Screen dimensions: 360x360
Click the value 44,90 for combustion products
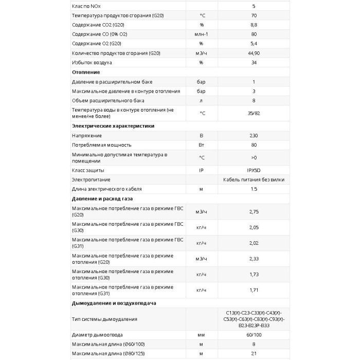[254, 53]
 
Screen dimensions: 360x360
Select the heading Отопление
[86, 72]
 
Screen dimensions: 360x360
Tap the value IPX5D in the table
[254, 170]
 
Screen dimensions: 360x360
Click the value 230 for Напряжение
[254, 135]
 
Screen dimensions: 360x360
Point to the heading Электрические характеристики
[113, 125]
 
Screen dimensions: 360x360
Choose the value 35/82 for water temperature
[254, 113]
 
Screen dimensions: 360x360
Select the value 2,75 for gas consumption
[254, 211]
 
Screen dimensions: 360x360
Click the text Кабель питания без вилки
[254, 179]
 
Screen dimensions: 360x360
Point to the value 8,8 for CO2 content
[254, 24]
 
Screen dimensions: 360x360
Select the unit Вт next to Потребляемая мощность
[201, 145]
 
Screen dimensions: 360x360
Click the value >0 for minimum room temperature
[254, 157]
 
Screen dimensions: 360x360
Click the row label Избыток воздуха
[92, 62]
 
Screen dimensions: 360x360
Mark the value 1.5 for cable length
[254, 189]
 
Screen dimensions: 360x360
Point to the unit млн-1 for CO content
[201, 34]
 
